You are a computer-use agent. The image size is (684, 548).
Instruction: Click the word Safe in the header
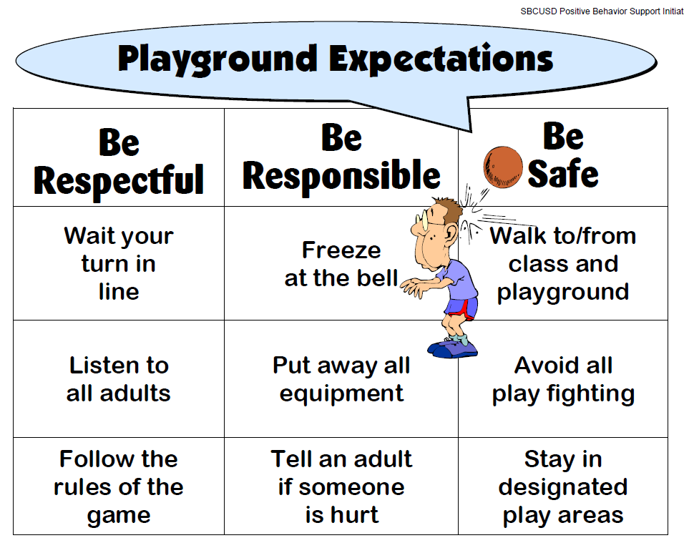563,174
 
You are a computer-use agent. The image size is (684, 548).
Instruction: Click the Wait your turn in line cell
119,263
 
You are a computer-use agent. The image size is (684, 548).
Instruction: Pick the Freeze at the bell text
341,263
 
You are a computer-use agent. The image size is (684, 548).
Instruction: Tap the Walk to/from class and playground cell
563,263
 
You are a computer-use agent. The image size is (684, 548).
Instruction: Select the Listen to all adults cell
119,379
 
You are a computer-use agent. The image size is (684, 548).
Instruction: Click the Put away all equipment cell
341,379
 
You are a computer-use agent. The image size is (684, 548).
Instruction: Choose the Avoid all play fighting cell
563,379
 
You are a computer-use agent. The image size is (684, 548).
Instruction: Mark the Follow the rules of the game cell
119,486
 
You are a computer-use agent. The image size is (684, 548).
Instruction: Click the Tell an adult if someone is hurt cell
341,486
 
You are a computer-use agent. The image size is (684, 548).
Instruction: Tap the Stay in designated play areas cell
563,486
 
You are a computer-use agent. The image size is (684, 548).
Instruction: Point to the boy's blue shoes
453,348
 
